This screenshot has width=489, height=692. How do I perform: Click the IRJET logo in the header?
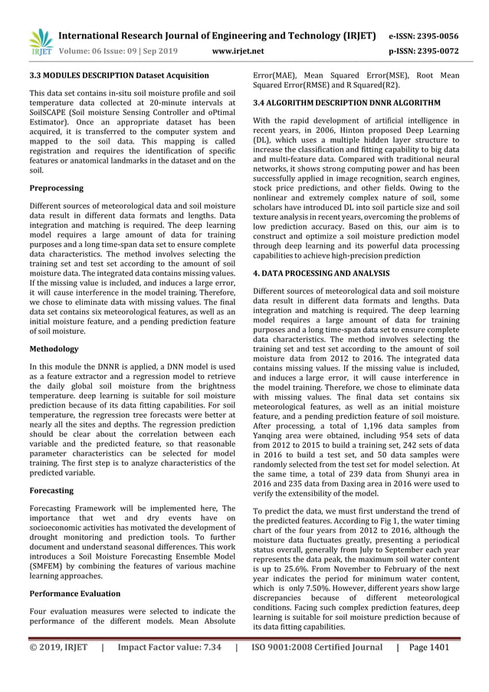tap(38, 42)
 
